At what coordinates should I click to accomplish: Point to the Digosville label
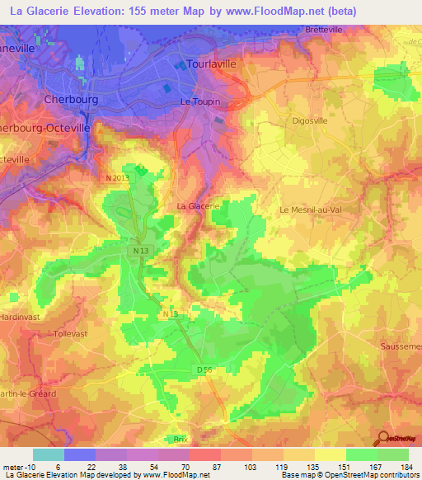click(x=312, y=120)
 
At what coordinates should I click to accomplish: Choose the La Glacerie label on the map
click(x=198, y=205)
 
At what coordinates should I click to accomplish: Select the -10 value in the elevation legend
click(x=28, y=467)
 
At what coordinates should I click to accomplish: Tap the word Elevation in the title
click(x=96, y=12)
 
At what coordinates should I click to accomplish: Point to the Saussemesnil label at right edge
click(x=401, y=347)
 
